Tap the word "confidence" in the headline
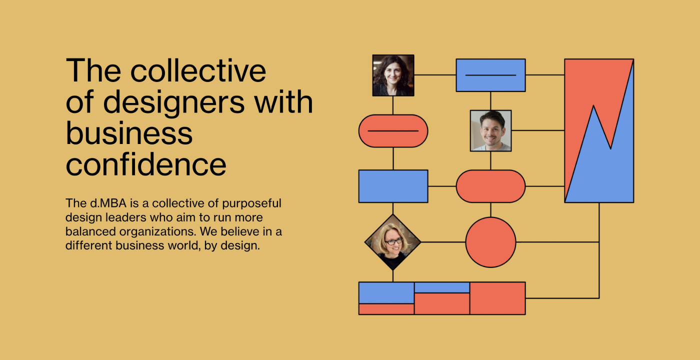point(146,164)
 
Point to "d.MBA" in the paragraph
point(108,203)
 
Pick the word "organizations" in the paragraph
point(157,232)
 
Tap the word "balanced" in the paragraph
point(90,231)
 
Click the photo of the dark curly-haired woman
point(393,75)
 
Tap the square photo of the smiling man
point(490,130)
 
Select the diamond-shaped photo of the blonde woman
point(393,242)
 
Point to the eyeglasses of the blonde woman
point(393,241)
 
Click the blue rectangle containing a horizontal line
point(490,75)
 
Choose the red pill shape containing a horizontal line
point(393,131)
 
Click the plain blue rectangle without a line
point(393,186)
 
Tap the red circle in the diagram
point(490,242)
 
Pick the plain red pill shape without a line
point(490,186)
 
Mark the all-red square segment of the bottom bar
point(497,298)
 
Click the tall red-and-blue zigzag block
point(599,130)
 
